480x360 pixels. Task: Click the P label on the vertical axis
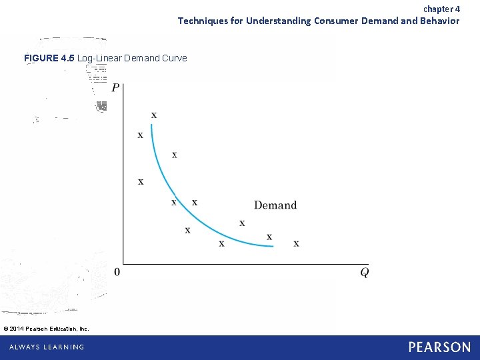click(116, 88)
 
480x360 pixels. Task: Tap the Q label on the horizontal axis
click(365, 272)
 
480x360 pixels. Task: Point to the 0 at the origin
click(117, 272)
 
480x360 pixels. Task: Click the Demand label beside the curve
click(275, 205)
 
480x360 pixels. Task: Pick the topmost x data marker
click(154, 115)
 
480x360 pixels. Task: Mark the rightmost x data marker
click(296, 243)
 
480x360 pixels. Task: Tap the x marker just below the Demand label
click(242, 223)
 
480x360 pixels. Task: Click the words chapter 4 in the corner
click(441, 9)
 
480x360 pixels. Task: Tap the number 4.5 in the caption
click(67, 58)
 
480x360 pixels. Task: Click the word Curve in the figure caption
click(174, 58)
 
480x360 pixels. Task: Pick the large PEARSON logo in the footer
click(439, 347)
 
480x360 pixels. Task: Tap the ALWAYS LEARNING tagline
click(47, 347)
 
